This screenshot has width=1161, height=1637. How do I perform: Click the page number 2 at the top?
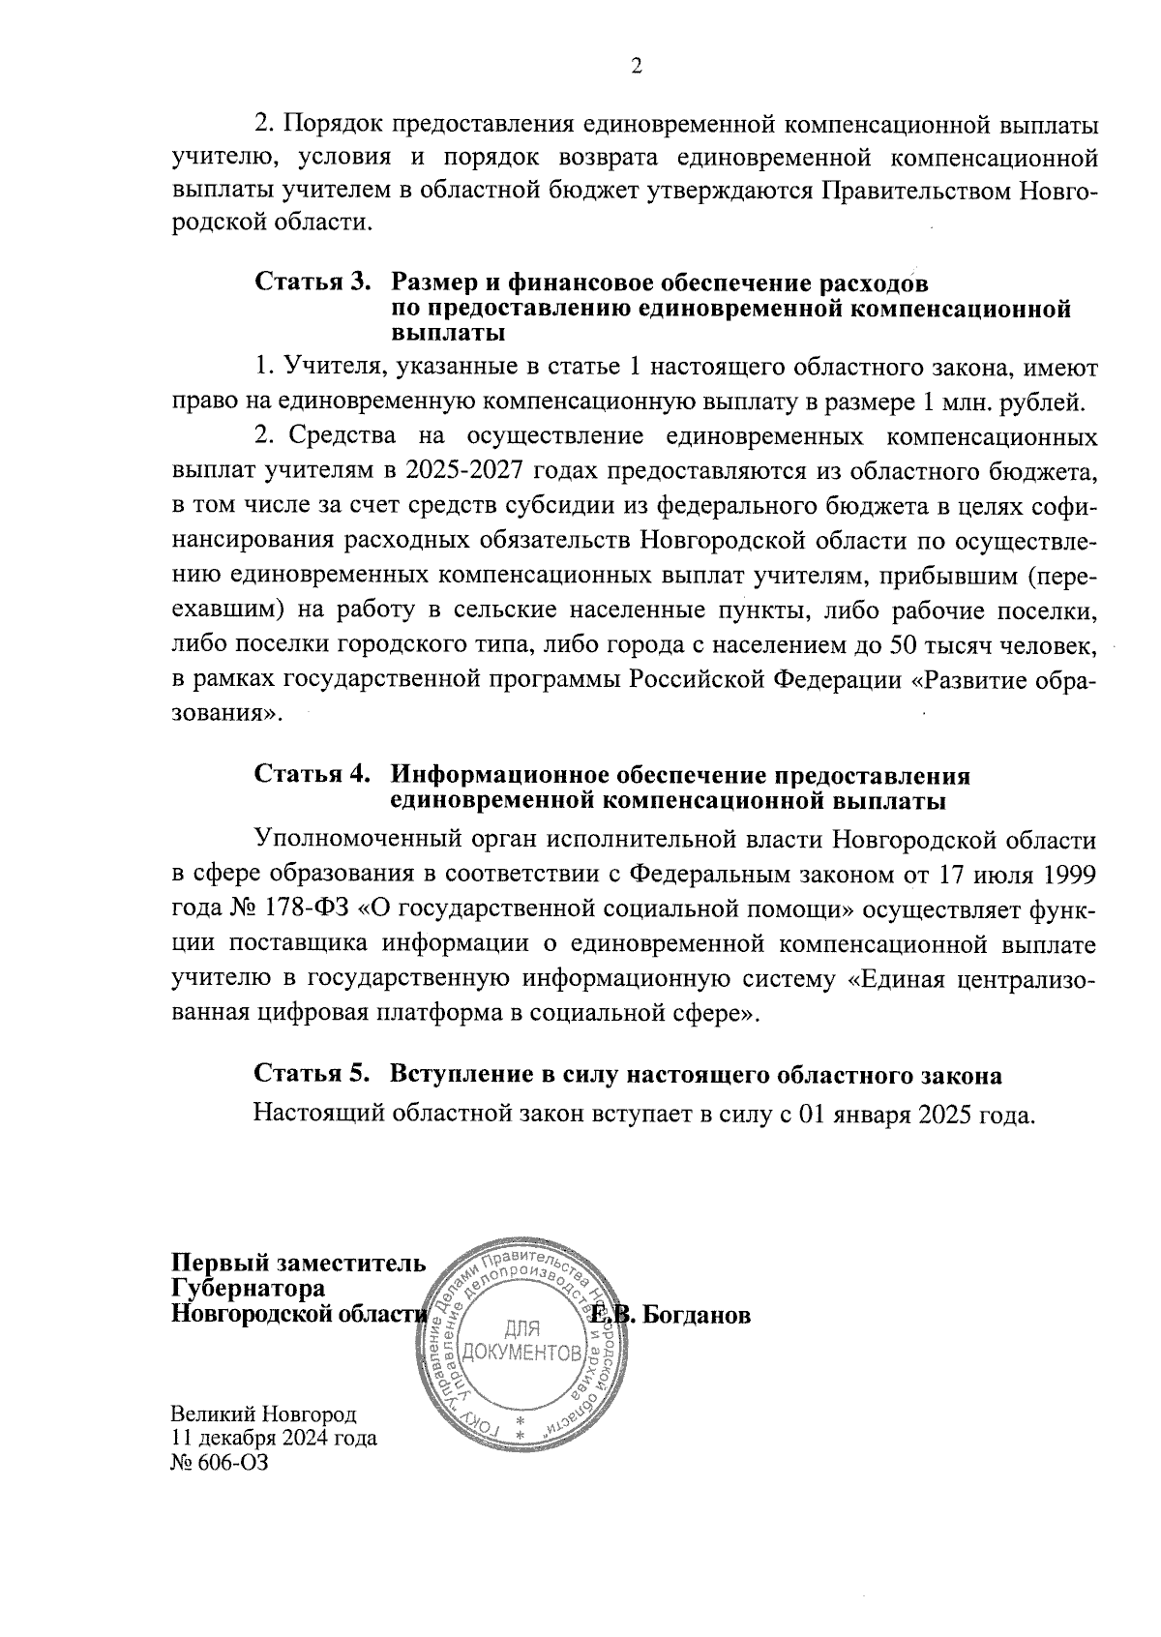637,67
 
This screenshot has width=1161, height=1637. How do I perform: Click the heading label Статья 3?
313,283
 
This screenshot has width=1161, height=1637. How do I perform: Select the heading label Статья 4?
313,775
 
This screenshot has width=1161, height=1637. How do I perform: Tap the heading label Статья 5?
313,1075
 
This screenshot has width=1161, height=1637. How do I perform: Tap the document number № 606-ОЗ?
219,1463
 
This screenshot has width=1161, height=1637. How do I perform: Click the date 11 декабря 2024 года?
274,1438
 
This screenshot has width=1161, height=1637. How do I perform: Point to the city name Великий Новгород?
264,1414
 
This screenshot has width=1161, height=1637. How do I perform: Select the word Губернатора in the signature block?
248,1290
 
